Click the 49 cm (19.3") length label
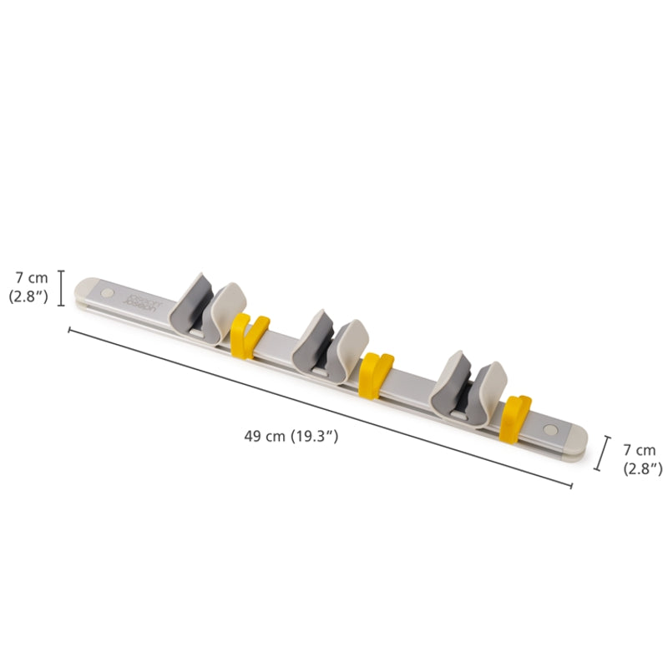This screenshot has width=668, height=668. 291,436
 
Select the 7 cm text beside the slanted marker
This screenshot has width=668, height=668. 640,450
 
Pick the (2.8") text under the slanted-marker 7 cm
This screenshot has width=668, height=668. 642,468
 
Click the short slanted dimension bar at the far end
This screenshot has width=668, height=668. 602,453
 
